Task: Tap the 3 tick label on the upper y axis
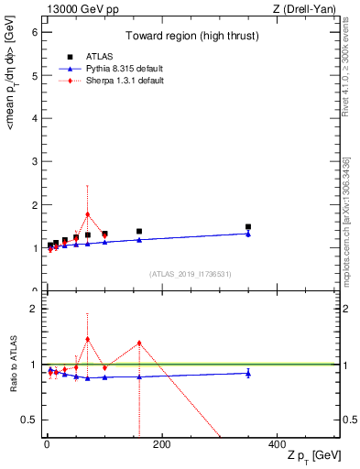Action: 31,162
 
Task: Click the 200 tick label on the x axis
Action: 161,445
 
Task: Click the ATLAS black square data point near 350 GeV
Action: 247,226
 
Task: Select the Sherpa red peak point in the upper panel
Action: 87,214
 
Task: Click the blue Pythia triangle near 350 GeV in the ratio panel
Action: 247,373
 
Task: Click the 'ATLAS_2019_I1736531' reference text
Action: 191,274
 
